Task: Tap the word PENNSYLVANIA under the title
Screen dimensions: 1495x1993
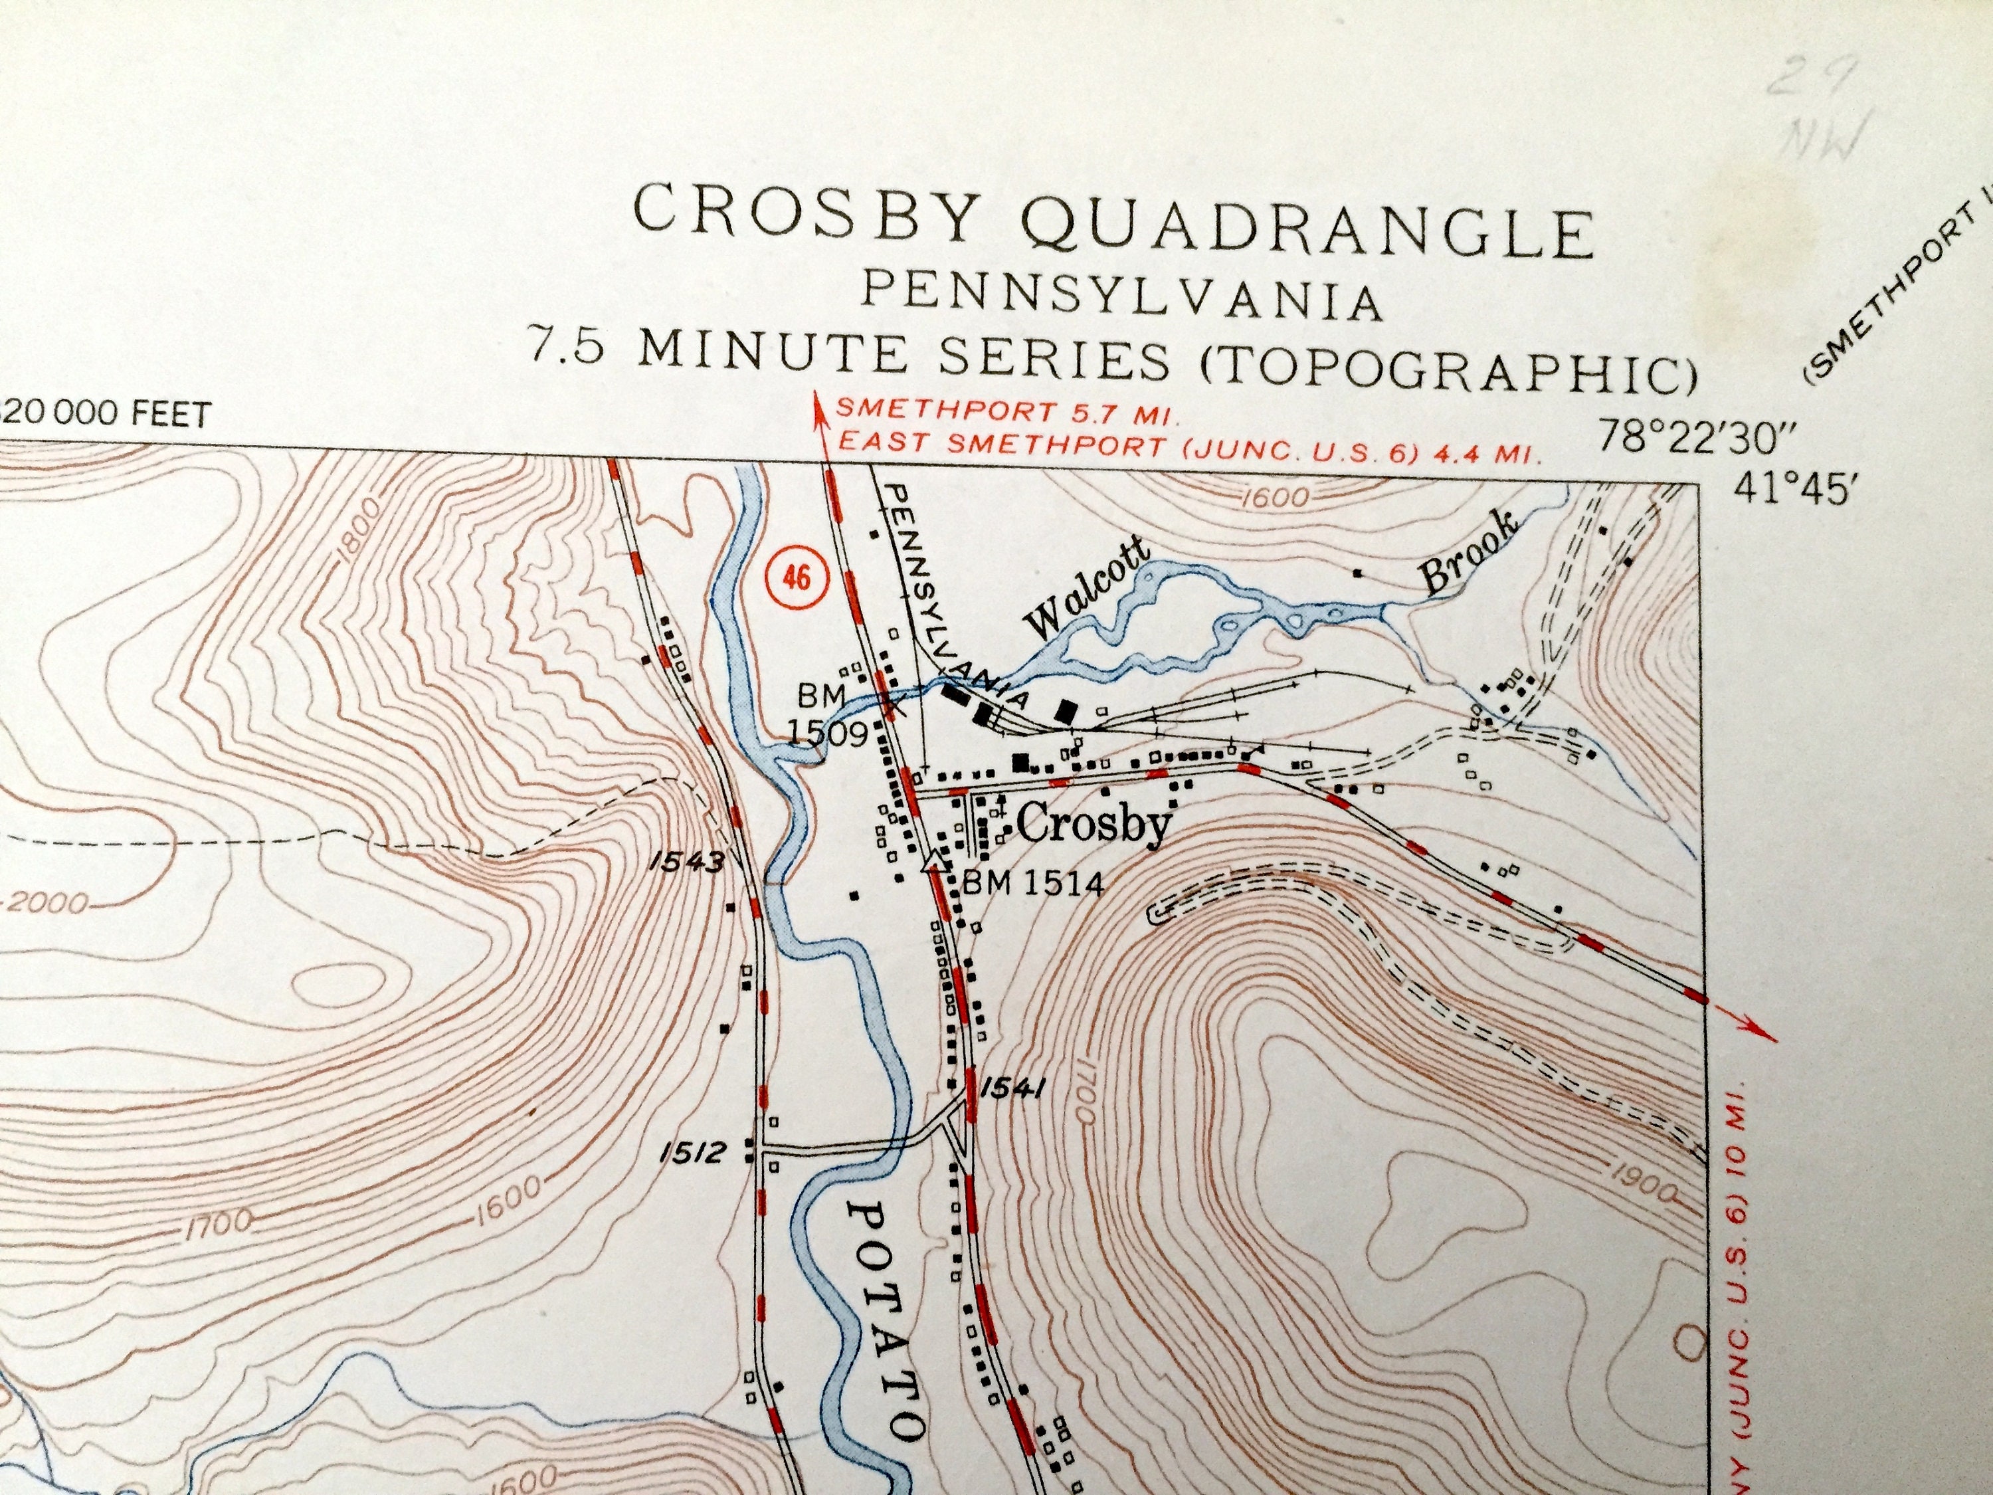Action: click(x=1123, y=301)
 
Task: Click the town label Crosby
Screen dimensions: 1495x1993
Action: click(x=1093, y=823)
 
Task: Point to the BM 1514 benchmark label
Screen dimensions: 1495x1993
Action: click(x=1032, y=884)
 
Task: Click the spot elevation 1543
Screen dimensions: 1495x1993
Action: click(x=685, y=862)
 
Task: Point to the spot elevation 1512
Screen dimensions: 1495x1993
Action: click(x=691, y=1153)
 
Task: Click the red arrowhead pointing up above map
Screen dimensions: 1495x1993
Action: click(x=820, y=403)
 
